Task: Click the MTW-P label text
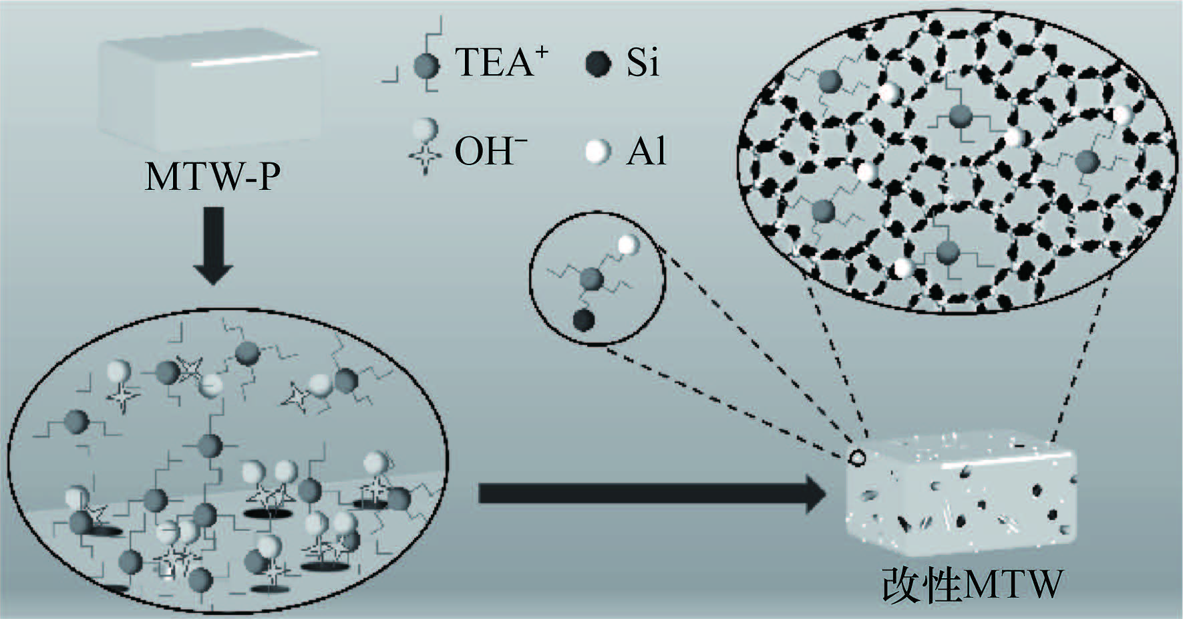tap(212, 178)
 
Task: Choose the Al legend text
tap(646, 152)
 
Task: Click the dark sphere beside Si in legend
tap(598, 65)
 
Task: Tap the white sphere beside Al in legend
tap(598, 152)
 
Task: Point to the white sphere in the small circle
tap(627, 245)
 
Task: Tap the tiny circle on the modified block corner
tap(856, 458)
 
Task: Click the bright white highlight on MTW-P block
tap(254, 60)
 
